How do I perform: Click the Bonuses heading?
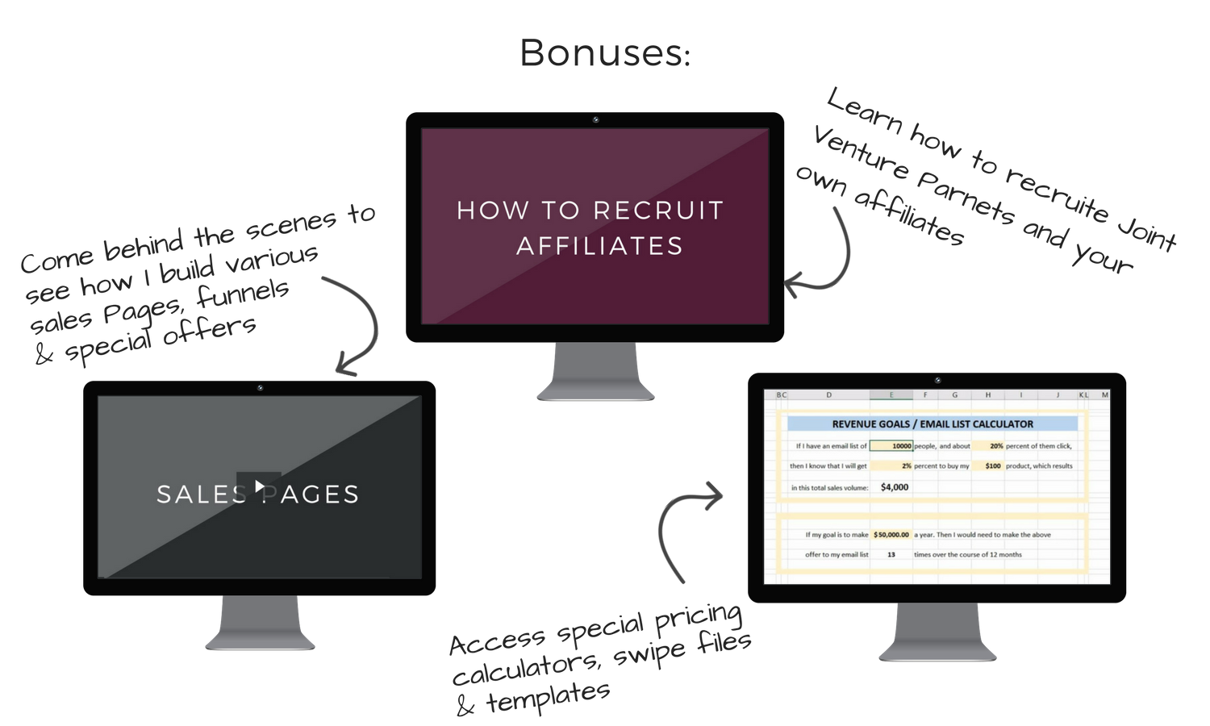point(605,53)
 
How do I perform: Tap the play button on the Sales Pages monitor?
point(259,486)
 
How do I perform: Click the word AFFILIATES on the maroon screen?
point(599,246)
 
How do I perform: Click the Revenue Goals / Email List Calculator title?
point(933,424)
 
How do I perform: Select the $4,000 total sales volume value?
point(895,487)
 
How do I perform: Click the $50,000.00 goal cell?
point(891,535)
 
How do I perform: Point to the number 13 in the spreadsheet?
point(891,555)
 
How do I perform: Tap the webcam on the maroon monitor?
point(595,120)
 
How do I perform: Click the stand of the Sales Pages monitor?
point(260,622)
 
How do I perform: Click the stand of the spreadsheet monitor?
point(937,632)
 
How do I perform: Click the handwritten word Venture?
point(861,153)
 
